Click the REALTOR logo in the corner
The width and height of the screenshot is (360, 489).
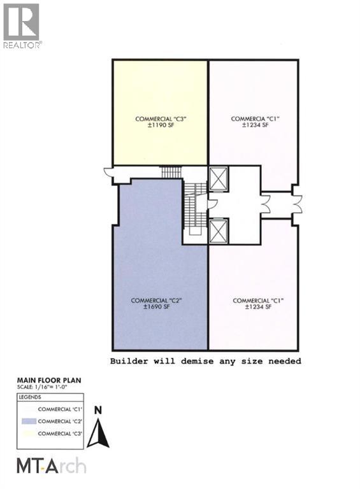click(22, 26)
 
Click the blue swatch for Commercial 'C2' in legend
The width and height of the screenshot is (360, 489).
click(28, 421)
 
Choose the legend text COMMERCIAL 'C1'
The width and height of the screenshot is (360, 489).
click(62, 409)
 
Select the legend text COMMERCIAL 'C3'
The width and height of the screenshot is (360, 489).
click(62, 433)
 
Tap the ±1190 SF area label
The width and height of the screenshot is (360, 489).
click(160, 125)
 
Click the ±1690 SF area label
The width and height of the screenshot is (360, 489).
click(160, 307)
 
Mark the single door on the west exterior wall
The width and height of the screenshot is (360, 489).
click(109, 173)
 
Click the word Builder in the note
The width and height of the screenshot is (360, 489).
click(129, 361)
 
